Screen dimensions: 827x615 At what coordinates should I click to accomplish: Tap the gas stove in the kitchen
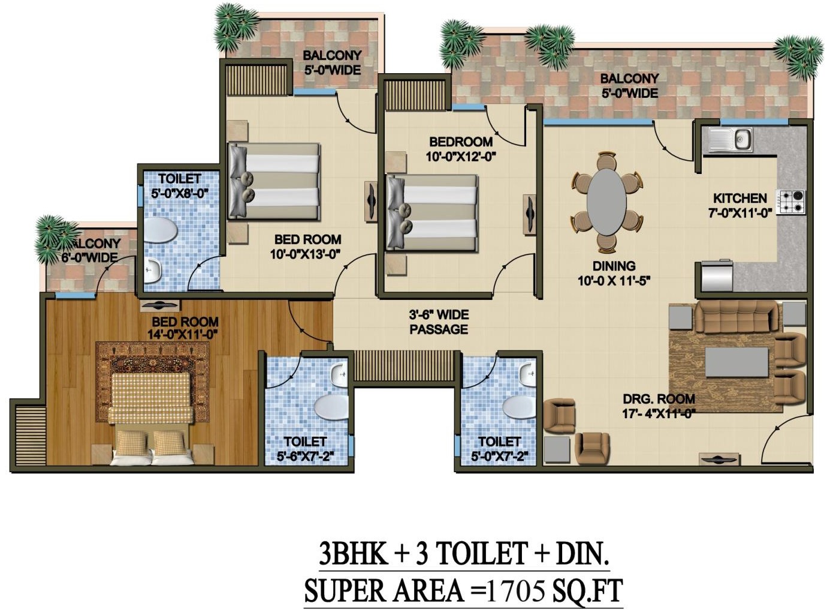[x=791, y=202]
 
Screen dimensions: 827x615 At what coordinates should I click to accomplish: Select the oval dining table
[x=606, y=202]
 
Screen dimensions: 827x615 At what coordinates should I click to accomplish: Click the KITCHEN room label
[x=740, y=198]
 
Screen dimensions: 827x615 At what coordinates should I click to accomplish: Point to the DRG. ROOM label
[x=659, y=399]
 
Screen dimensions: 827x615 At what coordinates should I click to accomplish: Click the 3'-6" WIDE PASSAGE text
[x=439, y=322]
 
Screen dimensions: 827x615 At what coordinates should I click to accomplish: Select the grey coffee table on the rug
[x=737, y=362]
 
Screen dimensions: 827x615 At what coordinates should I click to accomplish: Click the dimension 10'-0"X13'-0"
[x=306, y=254]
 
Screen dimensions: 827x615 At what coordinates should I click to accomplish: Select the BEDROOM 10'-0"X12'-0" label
[x=461, y=149]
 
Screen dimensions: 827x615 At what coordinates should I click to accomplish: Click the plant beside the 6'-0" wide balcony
[x=55, y=239]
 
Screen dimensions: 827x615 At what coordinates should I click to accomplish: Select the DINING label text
[x=614, y=266]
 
